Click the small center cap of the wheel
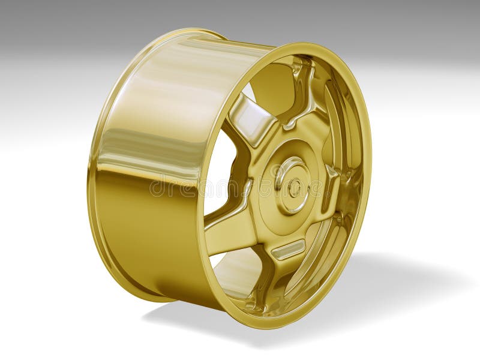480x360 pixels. pyautogui.click(x=295, y=188)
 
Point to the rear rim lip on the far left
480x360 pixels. pyautogui.click(x=92, y=180)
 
